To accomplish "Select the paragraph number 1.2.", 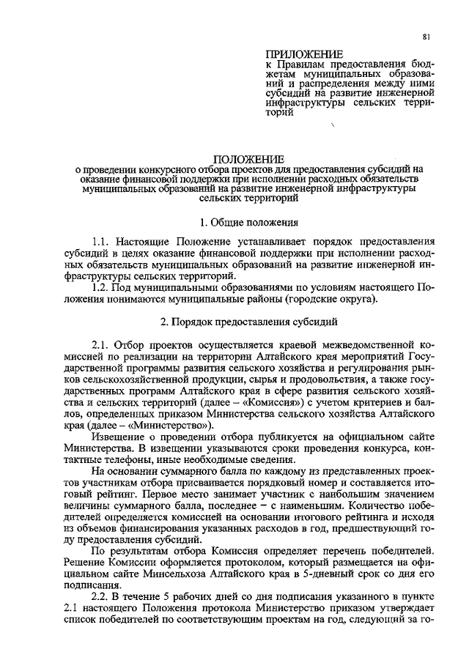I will (x=103, y=286).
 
